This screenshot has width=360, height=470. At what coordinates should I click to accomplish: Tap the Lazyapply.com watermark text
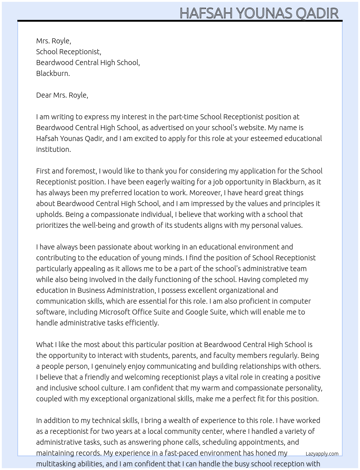322,454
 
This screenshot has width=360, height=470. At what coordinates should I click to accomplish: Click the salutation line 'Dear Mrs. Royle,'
62,95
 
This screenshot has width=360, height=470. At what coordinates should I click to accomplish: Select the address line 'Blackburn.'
53,73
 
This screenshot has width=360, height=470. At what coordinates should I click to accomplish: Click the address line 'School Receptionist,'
69,52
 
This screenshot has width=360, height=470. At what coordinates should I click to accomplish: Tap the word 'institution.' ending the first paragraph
53,149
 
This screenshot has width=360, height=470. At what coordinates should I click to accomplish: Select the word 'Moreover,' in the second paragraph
205,193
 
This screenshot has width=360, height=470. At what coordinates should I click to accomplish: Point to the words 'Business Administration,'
116,290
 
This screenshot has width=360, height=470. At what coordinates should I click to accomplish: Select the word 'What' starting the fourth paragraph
44,345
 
